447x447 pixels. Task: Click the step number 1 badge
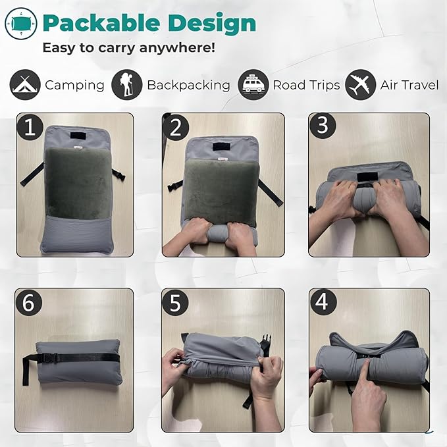pyautogui.click(x=28, y=127)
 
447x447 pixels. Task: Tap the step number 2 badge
pyautogui.click(x=175, y=127)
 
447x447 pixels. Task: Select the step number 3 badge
pyautogui.click(x=323, y=126)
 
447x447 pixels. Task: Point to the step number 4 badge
pyautogui.click(x=323, y=302)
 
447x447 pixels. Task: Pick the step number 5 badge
pyautogui.click(x=175, y=302)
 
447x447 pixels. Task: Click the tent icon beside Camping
pyautogui.click(x=25, y=85)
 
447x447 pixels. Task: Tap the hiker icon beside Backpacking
pyautogui.click(x=126, y=85)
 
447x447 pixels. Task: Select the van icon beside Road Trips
pyautogui.click(x=253, y=85)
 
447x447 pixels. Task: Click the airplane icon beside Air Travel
pyautogui.click(x=361, y=85)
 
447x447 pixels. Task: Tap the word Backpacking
pyautogui.click(x=188, y=85)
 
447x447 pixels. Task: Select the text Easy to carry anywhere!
pyautogui.click(x=129, y=48)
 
